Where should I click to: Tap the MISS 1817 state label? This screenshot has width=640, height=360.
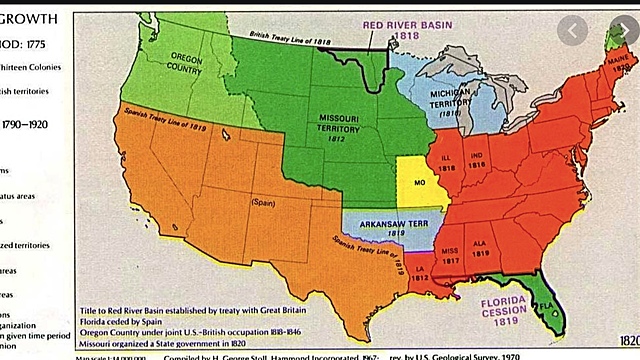click(x=451, y=252)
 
